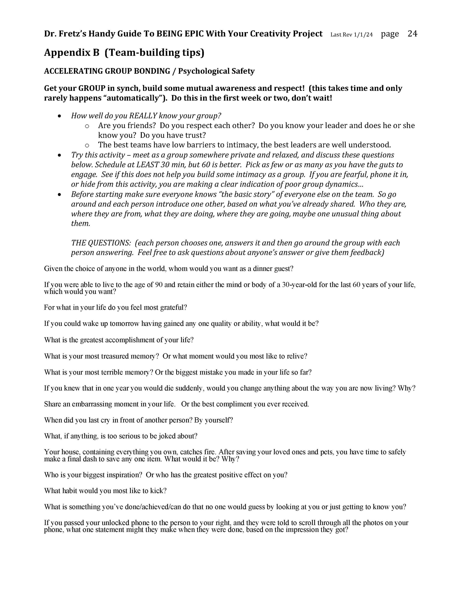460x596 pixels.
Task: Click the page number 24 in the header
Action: (412, 34)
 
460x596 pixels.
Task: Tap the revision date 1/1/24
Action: (363, 35)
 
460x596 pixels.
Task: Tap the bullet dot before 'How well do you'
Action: (60, 116)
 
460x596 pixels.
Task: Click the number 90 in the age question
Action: (159, 285)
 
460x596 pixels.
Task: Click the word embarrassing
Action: (92, 404)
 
